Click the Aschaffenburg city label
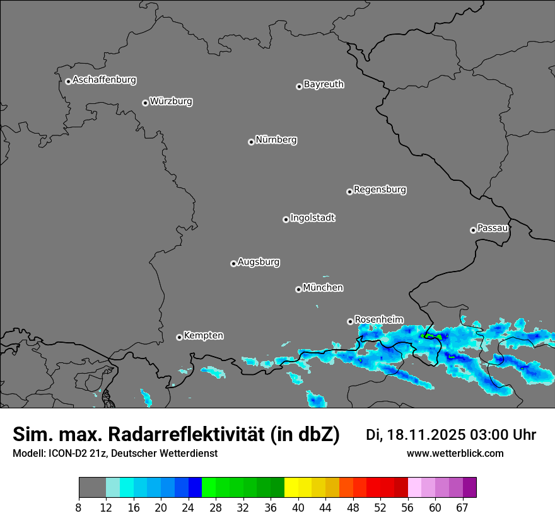104,80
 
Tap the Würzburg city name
171,101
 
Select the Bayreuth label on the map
324,84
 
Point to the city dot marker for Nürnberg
251,142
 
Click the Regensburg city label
380,190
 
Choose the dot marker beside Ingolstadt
286,219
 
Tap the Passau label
493,228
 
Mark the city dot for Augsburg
233,263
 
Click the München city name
323,288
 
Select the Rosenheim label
378,320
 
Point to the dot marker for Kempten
179,337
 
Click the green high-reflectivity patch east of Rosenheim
431,336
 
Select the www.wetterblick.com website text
455,453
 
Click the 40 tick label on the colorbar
298,508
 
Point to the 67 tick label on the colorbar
462,508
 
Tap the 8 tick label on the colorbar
79,508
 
